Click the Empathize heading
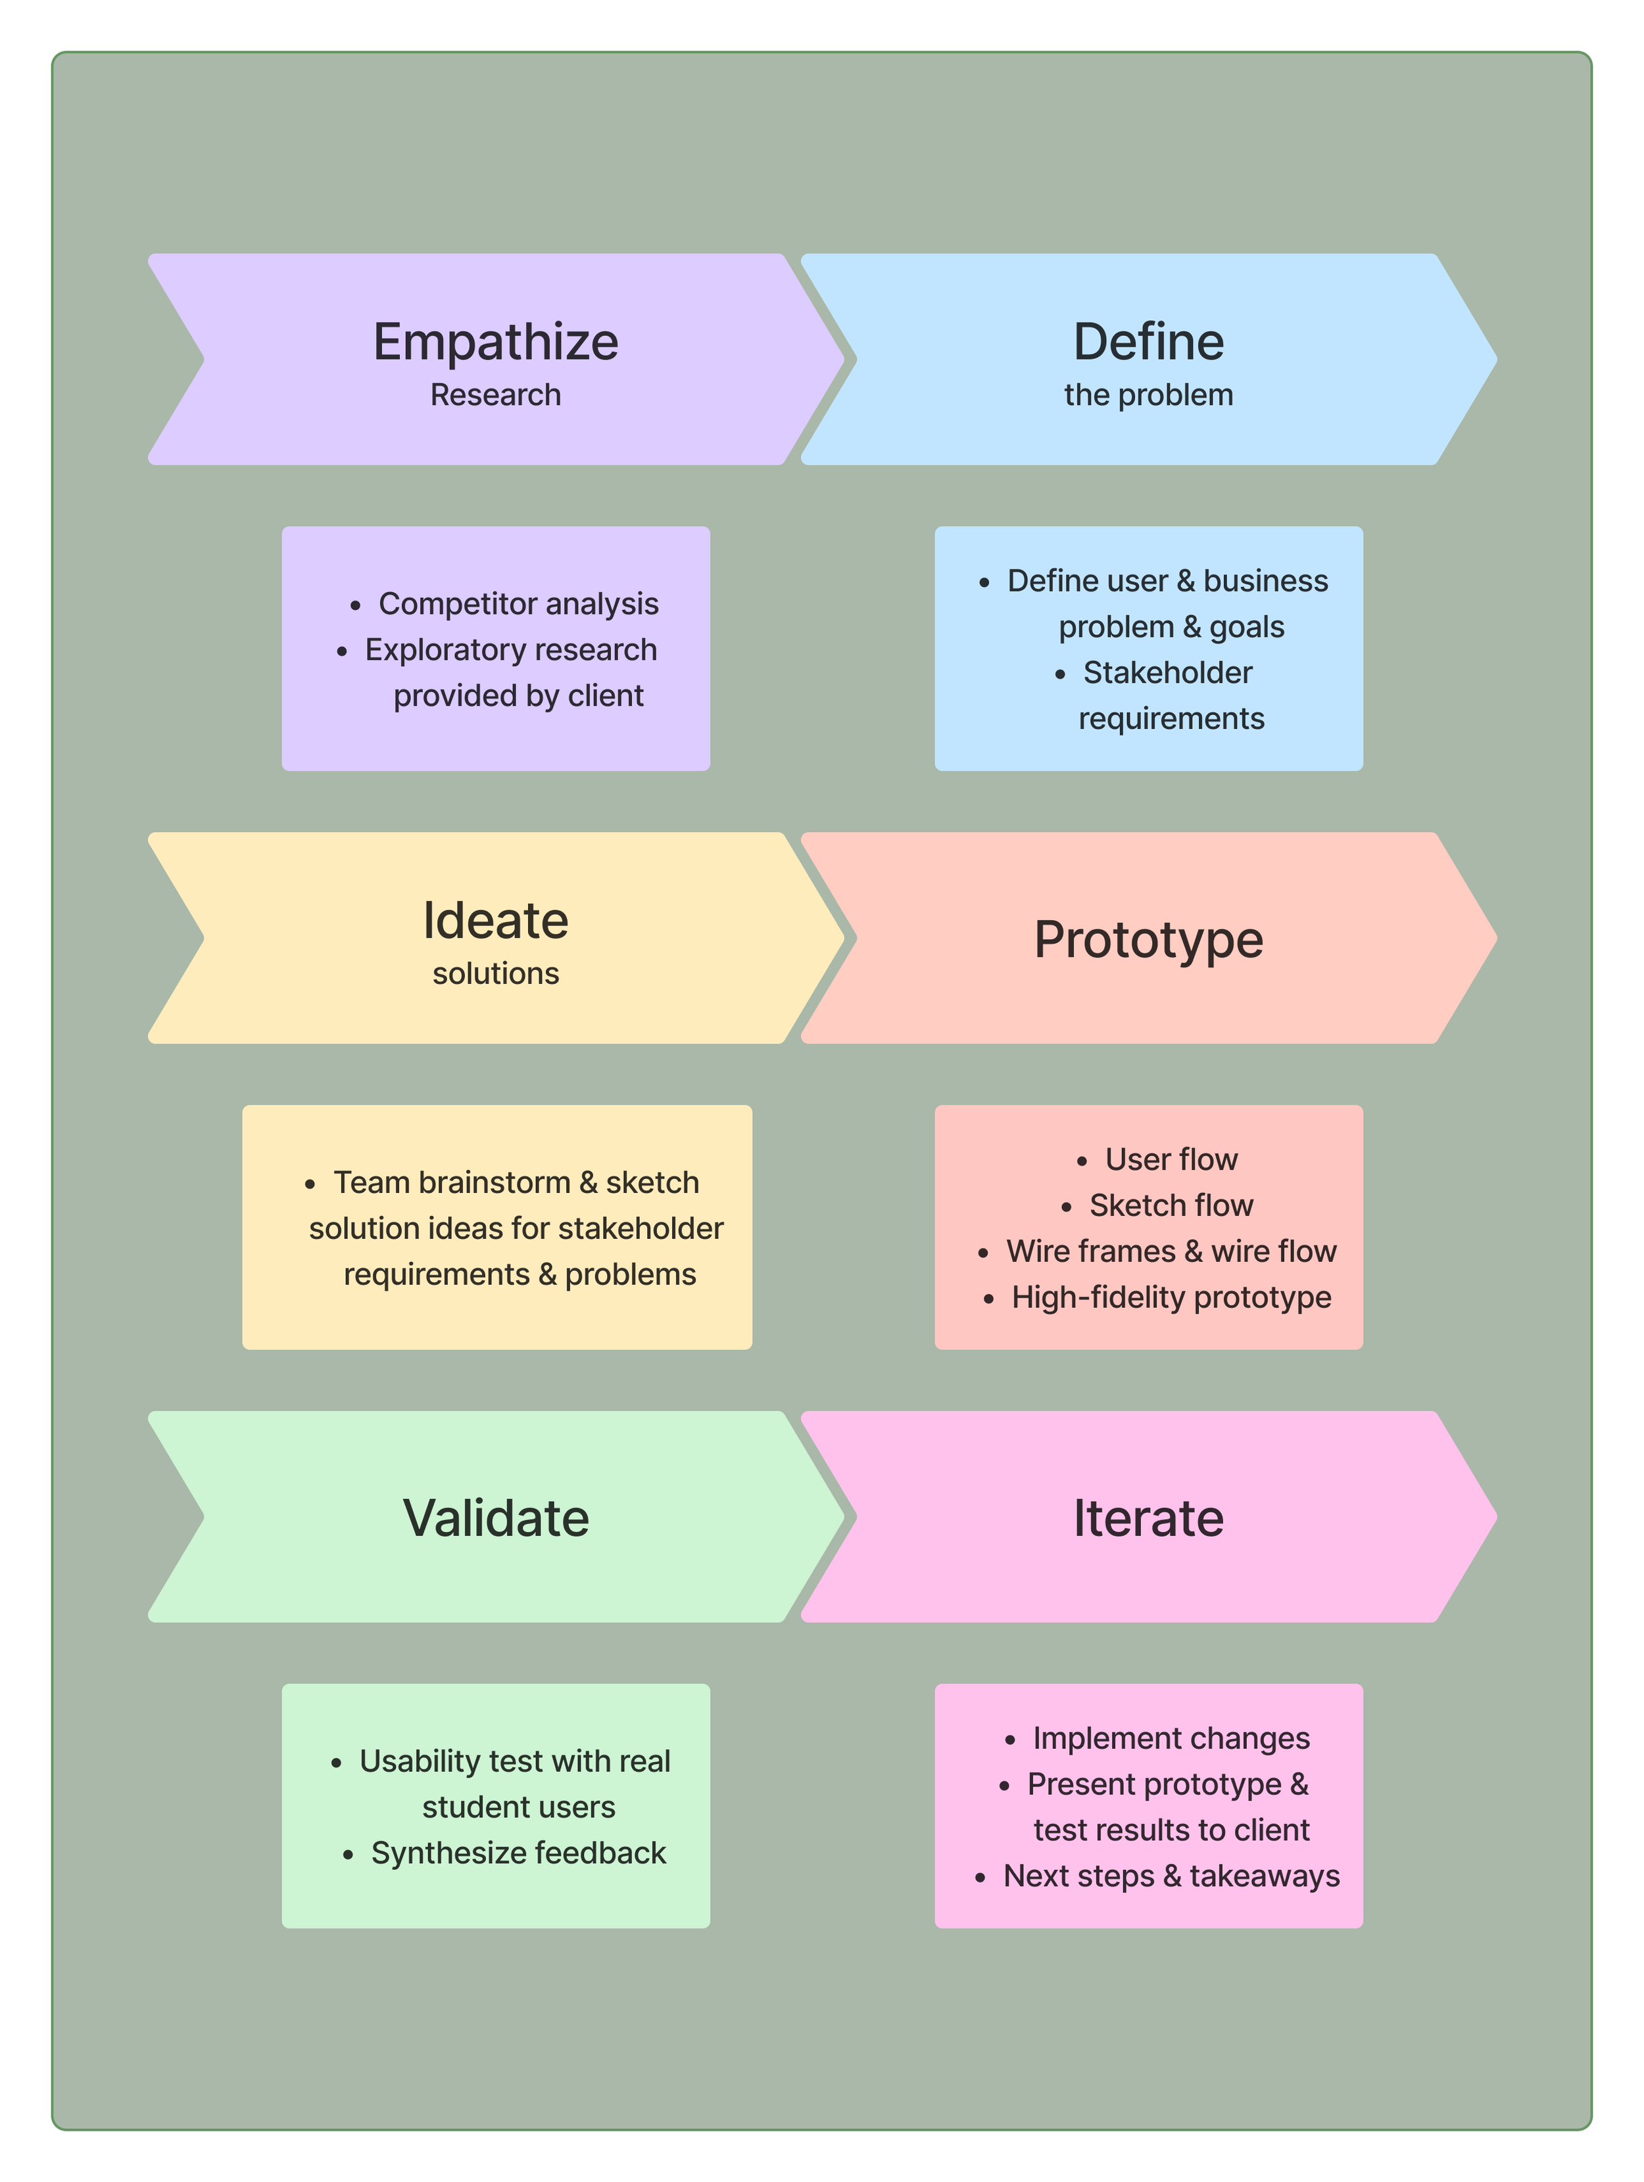click(x=495, y=342)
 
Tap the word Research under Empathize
click(x=495, y=394)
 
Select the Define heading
click(x=1149, y=342)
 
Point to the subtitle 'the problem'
click(x=1149, y=394)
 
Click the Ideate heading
click(x=495, y=920)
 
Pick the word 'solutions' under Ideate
click(x=495, y=973)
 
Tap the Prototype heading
click(x=1149, y=939)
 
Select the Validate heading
click(x=495, y=1517)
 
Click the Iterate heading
click(x=1149, y=1517)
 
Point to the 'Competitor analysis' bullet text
click(x=518, y=604)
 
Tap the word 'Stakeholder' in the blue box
click(x=1167, y=673)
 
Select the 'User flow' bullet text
click(x=1171, y=1159)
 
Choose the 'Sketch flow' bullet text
click(x=1171, y=1205)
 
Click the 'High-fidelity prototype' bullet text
click(x=1171, y=1297)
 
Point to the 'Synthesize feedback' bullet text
click(x=518, y=1853)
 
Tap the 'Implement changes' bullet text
click(x=1171, y=1738)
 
